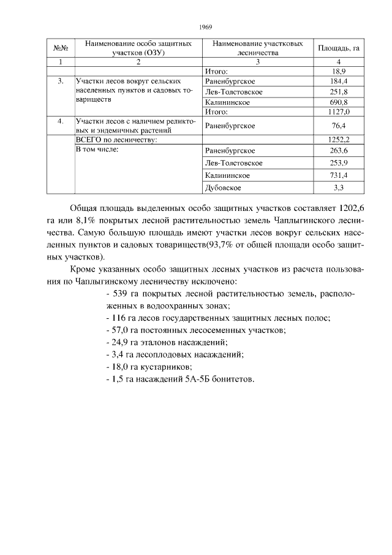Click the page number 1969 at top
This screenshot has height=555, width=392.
coord(205,28)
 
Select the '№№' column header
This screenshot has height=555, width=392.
coord(60,48)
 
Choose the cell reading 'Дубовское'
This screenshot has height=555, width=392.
coord(223,187)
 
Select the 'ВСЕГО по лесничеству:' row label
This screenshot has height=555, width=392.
coord(116,140)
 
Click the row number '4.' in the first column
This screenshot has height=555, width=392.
coord(60,121)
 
